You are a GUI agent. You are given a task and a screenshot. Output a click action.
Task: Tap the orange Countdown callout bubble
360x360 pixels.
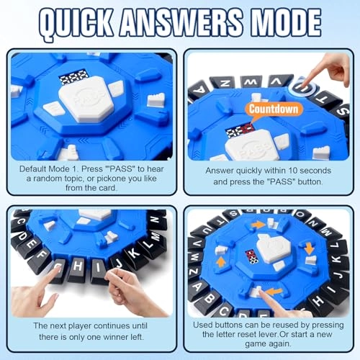point(274,109)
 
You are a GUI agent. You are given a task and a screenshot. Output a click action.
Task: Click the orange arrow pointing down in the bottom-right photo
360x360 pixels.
point(309,248)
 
